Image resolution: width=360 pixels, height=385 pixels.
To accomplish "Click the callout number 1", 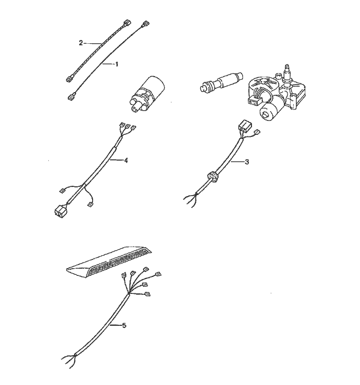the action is tap(117, 64).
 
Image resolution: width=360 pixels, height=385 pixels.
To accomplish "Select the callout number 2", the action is tap(81, 43).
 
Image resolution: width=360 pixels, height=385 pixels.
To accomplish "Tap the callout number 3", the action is tap(247, 162).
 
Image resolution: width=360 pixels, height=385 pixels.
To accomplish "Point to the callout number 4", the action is tap(125, 161).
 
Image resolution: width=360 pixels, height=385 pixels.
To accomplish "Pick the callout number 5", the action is tap(124, 326).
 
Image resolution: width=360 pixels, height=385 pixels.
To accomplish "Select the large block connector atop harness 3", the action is tap(244, 126).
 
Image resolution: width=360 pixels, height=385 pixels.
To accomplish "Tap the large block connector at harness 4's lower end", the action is tap(60, 211).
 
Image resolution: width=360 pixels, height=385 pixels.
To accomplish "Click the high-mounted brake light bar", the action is tap(109, 262).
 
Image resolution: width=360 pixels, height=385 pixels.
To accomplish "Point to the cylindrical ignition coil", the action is tap(147, 94).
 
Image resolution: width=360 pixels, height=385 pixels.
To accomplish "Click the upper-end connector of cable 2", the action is tap(127, 23).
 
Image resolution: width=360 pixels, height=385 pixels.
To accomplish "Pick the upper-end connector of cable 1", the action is tap(146, 24).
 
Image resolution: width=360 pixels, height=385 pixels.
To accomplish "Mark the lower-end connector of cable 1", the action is tap(71, 97).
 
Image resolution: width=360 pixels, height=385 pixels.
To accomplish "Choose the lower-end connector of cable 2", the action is tap(69, 79).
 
